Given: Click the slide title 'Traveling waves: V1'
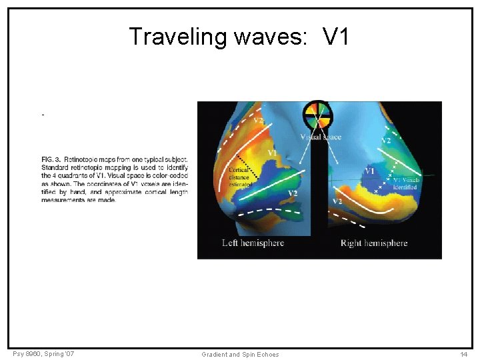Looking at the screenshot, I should [239, 37].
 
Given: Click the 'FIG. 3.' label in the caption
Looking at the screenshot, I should [51, 160].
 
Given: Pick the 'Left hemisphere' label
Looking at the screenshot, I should [253, 243].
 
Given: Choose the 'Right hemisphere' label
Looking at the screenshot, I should [373, 243].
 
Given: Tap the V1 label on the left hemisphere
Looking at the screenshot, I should [273, 153].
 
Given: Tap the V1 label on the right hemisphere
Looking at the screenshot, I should [369, 172].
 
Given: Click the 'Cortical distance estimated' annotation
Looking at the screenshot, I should [239, 177].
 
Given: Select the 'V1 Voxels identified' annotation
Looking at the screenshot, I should [405, 183].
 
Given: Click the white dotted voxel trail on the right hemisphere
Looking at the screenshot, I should [387, 177].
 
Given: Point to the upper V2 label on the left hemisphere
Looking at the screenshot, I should [257, 120].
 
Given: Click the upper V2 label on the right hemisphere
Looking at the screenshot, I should [386, 141].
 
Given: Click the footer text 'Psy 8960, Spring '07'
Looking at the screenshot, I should [43, 353].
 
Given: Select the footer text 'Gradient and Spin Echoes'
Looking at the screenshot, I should [240, 354].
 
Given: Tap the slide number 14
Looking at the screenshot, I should [463, 354].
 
